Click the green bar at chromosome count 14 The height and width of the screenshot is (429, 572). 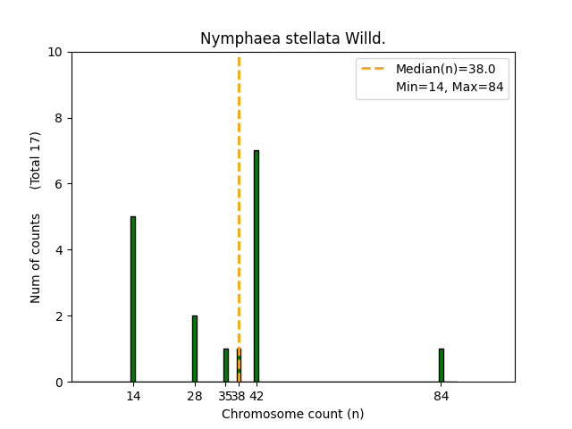pyautogui.click(x=133, y=299)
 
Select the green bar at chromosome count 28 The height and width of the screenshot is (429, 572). pyautogui.click(x=195, y=349)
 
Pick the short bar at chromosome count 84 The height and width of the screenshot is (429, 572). pyautogui.click(x=442, y=366)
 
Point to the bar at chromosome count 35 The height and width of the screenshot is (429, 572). pyautogui.click(x=225, y=366)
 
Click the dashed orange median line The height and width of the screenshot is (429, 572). pyautogui.click(x=239, y=179)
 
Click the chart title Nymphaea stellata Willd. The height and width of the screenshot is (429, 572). pyautogui.click(x=293, y=38)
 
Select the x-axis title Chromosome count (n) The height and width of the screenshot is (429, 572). pyautogui.click(x=293, y=414)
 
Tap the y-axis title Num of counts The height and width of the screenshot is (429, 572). pyautogui.click(x=36, y=258)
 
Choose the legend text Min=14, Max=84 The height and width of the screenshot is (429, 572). pyautogui.click(x=449, y=87)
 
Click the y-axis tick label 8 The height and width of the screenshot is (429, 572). pyautogui.click(x=59, y=118)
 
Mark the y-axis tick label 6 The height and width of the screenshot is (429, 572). pyautogui.click(x=59, y=184)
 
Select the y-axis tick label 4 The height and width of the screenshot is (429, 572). pyautogui.click(x=59, y=250)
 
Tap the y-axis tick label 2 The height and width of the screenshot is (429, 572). pyautogui.click(x=59, y=316)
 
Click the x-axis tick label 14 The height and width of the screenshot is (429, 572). pyautogui.click(x=133, y=396)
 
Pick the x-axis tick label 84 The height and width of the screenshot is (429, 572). pyautogui.click(x=442, y=396)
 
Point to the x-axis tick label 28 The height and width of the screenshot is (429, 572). pyautogui.click(x=195, y=396)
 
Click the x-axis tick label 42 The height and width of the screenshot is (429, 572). pyautogui.click(x=257, y=396)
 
